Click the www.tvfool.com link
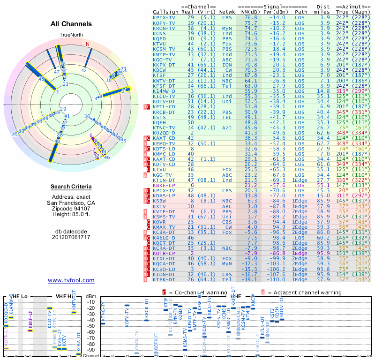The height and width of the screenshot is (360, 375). (x=71, y=280)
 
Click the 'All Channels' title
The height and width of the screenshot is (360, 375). (x=71, y=24)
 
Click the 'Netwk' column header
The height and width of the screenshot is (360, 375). (x=228, y=12)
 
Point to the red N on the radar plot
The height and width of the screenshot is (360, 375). (x=87, y=45)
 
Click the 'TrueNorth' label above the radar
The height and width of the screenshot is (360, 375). (x=71, y=35)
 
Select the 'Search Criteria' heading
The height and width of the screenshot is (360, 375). (x=71, y=187)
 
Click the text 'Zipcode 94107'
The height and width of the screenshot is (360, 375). (x=71, y=209)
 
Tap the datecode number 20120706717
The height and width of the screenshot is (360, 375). (x=71, y=237)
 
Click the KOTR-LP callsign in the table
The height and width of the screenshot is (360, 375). (x=163, y=253)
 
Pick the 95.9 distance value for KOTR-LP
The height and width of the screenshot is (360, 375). (x=324, y=253)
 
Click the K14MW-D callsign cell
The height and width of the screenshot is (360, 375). (x=165, y=90)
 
